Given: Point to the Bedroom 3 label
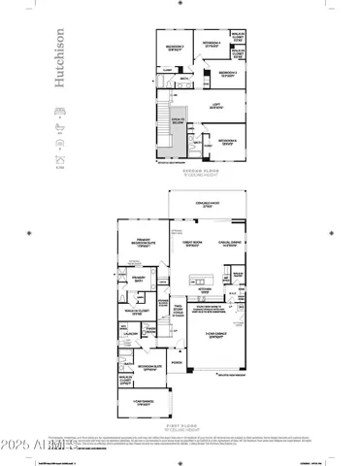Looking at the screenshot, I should [x=228, y=73].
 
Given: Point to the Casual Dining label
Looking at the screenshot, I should [x=230, y=243].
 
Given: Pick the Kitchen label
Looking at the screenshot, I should [x=206, y=288].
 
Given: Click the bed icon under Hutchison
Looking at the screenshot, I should [x=59, y=113].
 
